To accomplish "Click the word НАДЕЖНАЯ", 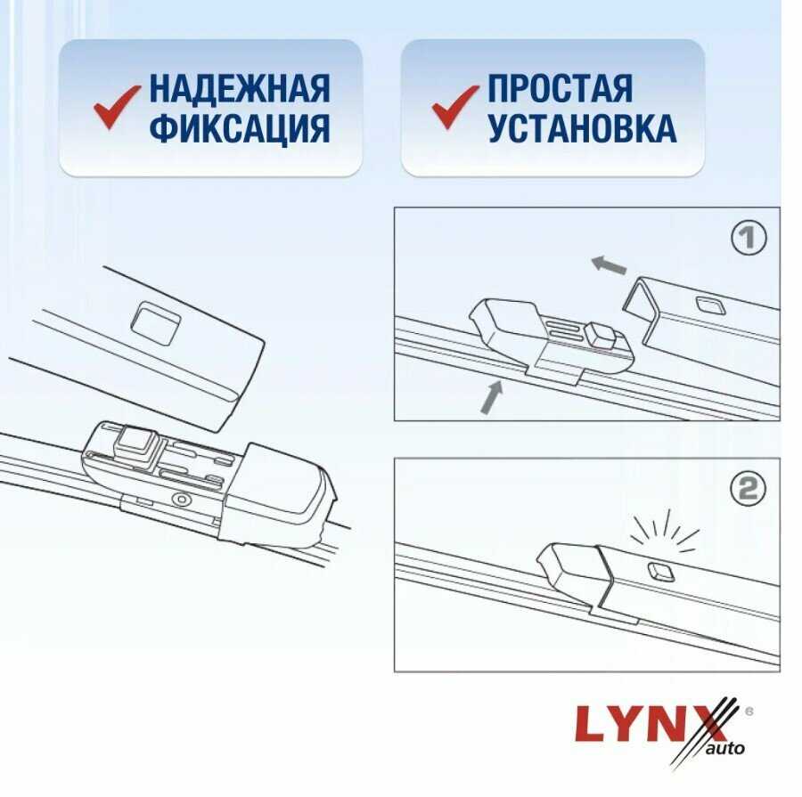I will pos(240,89).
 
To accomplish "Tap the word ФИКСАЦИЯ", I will pos(240,130).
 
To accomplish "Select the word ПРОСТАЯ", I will pos(561,89).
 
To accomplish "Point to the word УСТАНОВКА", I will pos(582,130).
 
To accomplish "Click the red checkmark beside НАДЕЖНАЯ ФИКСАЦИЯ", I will pos(116,109).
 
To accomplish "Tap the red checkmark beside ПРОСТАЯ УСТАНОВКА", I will pos(455,109).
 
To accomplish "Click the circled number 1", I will pos(749,238).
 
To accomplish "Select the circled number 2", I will pos(749,488).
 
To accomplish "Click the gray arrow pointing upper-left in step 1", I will pos(609,264).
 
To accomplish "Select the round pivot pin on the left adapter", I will pos(181,500).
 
